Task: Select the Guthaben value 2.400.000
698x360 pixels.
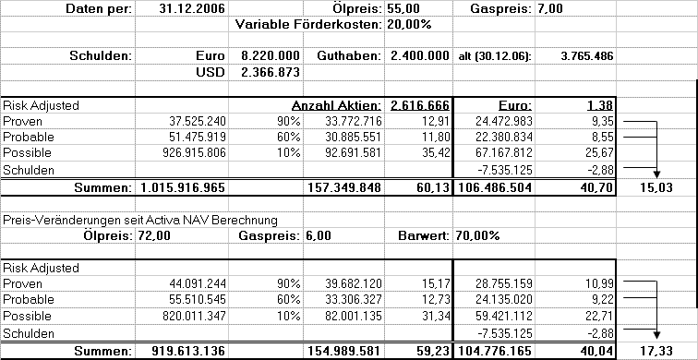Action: pyautogui.click(x=420, y=56)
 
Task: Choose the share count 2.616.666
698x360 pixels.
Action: pyautogui.click(x=420, y=105)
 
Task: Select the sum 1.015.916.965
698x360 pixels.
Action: pyautogui.click(x=184, y=188)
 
